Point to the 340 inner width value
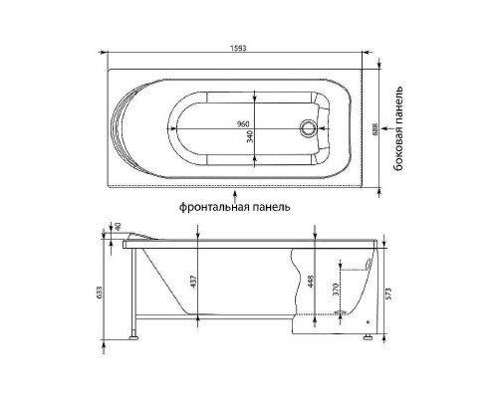(x=249, y=138)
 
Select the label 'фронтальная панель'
(x=235, y=209)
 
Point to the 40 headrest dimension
(x=118, y=228)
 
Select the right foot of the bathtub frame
(x=369, y=339)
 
